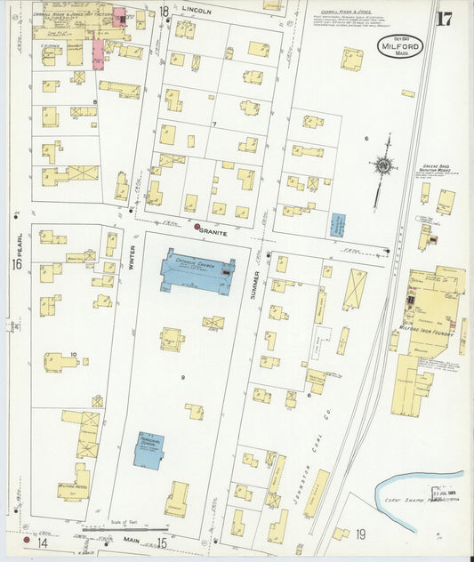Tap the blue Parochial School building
click(x=149, y=450)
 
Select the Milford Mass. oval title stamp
click(x=399, y=47)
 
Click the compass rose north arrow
click(x=383, y=165)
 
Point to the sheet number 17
click(x=444, y=20)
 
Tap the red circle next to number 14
click(x=27, y=542)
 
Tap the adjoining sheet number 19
click(x=360, y=534)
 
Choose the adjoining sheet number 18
click(x=164, y=11)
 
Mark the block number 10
click(x=74, y=354)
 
